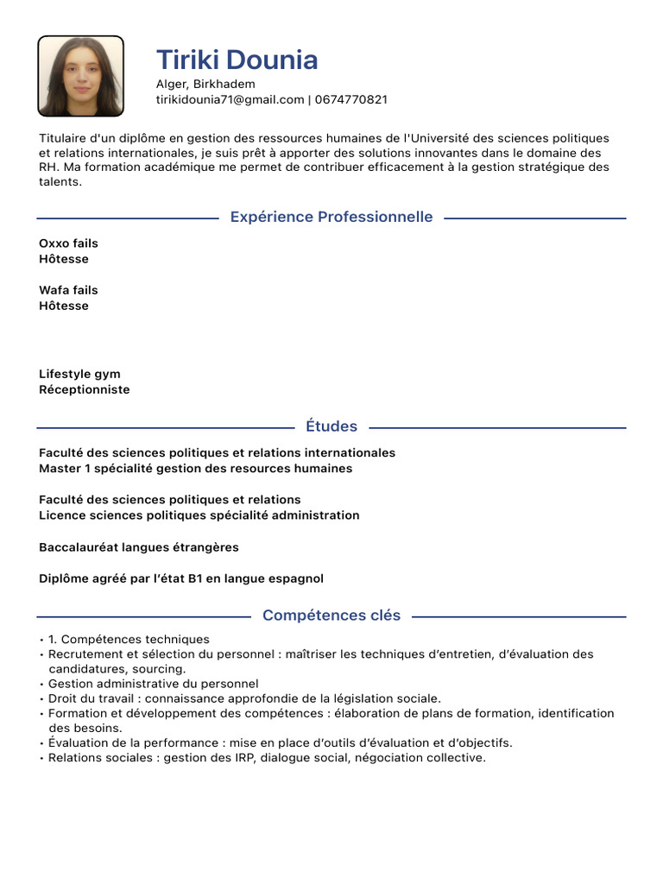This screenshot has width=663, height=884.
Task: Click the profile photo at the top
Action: tap(80, 76)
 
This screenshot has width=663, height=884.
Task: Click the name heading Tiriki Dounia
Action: tap(237, 60)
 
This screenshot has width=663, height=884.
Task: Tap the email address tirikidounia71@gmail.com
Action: tap(230, 99)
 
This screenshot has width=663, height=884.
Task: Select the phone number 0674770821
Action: tap(351, 99)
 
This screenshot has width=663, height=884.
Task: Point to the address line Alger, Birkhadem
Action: tap(205, 84)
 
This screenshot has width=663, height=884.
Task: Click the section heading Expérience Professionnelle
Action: tap(331, 217)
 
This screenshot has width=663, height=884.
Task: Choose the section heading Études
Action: tap(331, 426)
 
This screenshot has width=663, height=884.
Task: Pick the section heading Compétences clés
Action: tap(331, 616)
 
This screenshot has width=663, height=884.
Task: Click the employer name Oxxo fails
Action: tap(68, 243)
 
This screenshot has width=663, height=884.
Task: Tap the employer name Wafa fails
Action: tap(68, 290)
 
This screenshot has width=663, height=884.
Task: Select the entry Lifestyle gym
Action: tap(79, 374)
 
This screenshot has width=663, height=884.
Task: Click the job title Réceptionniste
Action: tap(85, 389)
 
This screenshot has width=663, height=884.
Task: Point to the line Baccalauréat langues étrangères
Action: tap(139, 547)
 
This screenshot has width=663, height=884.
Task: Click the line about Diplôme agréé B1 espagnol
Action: tap(181, 578)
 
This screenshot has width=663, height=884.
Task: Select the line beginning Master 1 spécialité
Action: tap(196, 469)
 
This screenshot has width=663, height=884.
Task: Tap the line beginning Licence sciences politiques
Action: tap(199, 515)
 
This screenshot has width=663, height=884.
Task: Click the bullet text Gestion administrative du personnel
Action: tap(153, 684)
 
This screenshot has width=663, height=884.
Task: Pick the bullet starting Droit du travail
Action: tap(244, 698)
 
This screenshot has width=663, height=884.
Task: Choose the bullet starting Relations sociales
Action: tap(267, 758)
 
